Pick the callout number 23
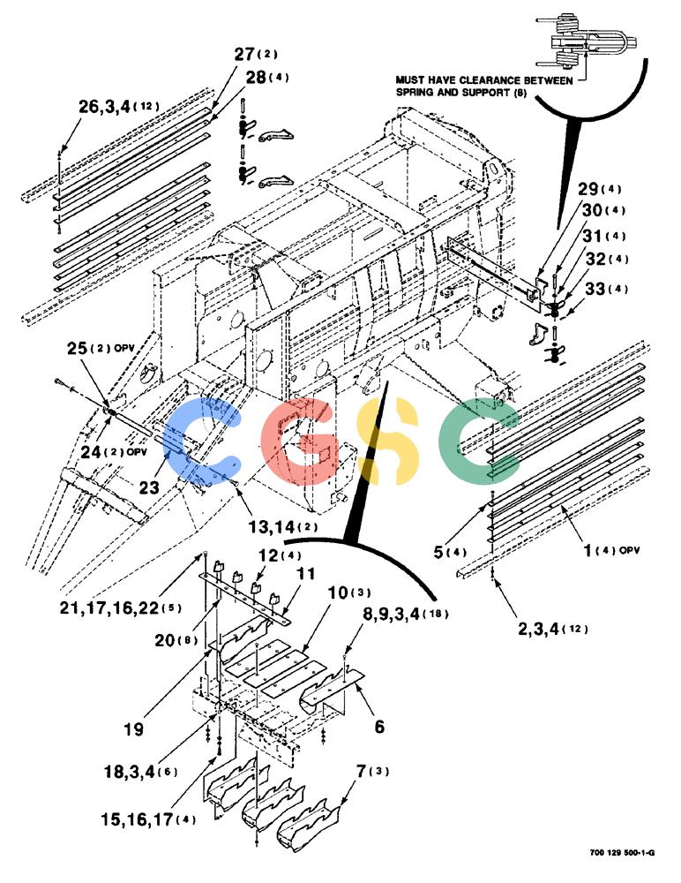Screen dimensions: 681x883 (148, 487)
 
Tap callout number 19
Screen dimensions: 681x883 (133, 729)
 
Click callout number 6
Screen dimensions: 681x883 (380, 727)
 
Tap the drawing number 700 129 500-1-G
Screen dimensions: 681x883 (622, 853)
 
